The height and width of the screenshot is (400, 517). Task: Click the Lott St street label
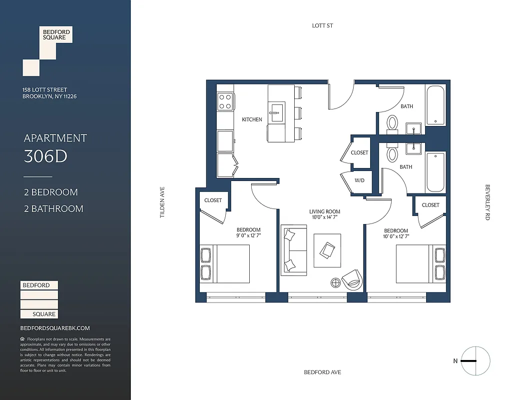pos(322,25)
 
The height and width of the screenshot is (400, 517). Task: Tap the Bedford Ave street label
pos(322,372)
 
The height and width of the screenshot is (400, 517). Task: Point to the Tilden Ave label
pos(162,202)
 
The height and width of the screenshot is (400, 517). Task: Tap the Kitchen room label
pos(252,119)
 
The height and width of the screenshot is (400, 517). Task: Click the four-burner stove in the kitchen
pos(225,102)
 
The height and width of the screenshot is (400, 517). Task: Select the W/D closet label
pos(360,180)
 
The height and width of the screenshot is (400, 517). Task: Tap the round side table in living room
pos(336,283)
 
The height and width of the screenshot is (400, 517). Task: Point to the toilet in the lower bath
pos(393,153)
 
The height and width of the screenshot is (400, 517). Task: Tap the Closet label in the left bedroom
pos(213,200)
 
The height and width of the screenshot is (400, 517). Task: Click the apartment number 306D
pos(45,156)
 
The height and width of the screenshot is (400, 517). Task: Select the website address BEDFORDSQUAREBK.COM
pos(55,328)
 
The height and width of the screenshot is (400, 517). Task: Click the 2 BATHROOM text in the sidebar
pos(53,208)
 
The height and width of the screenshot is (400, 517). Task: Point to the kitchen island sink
pos(276,110)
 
